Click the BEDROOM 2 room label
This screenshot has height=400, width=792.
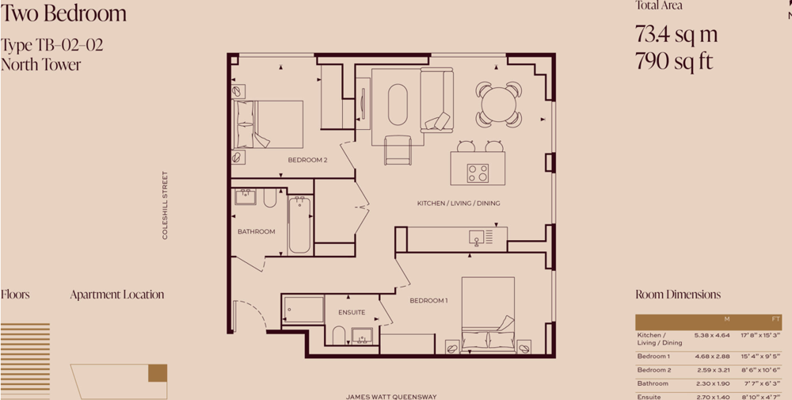coord(307,160)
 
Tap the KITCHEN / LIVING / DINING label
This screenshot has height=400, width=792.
coord(459,204)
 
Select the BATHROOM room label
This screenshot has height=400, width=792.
coord(257,232)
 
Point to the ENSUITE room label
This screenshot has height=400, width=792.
coord(352,313)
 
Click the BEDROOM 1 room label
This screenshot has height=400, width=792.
coord(428,301)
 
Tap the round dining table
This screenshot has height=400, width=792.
coord(498,105)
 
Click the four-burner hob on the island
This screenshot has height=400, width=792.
coord(478,173)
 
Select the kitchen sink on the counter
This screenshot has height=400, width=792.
coord(477,236)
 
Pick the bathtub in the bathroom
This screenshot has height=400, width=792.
coord(300,225)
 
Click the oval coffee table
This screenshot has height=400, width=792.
coord(398,105)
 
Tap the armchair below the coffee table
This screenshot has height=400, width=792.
coord(398,150)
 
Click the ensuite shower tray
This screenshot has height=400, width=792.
coord(303,310)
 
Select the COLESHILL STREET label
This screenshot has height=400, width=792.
coord(165,205)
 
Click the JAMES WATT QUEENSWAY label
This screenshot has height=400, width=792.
coord(391,397)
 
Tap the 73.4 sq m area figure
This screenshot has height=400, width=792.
coord(676,34)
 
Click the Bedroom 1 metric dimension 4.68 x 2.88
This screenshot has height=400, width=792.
coord(712,356)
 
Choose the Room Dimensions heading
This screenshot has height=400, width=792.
coord(678,295)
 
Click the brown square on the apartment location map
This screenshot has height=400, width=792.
coord(158,373)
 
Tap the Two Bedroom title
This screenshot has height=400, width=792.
coord(63,13)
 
